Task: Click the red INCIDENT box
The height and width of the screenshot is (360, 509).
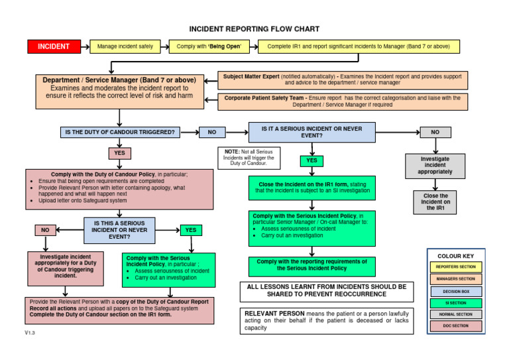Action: pyautogui.click(x=53, y=46)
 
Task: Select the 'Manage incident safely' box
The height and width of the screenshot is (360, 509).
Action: pyautogui.click(x=125, y=46)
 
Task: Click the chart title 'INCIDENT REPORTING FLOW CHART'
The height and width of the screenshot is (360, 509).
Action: pyautogui.click(x=254, y=29)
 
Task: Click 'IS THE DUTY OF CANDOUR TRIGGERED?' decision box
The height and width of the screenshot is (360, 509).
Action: pyautogui.click(x=119, y=132)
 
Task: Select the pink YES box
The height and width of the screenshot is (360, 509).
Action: pyautogui.click(x=119, y=153)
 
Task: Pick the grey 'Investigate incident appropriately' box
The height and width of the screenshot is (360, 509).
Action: pyautogui.click(x=435, y=166)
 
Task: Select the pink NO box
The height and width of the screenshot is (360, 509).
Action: pyautogui.click(x=45, y=230)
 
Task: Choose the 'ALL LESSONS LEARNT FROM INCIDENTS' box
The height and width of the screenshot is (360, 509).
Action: pyautogui.click(x=326, y=290)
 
